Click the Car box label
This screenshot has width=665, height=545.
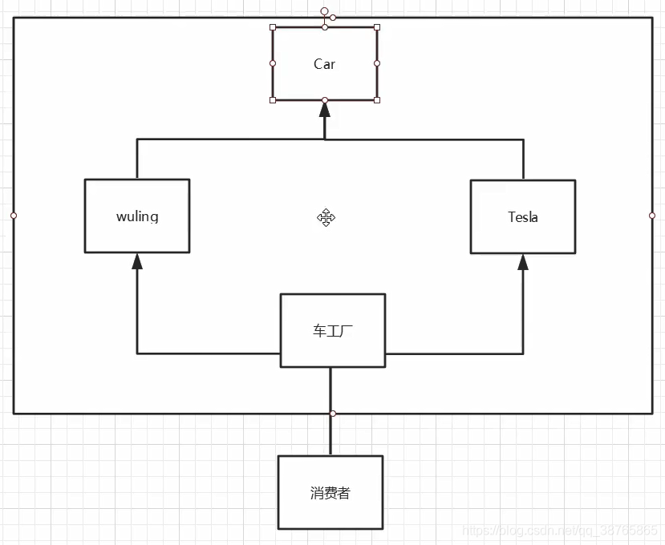click(x=324, y=64)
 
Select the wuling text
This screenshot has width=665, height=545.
click(x=137, y=216)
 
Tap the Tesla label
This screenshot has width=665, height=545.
click(x=522, y=217)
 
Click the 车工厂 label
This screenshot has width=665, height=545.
click(x=332, y=331)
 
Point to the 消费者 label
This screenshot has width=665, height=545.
click(x=330, y=493)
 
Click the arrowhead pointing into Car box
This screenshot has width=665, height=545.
click(x=325, y=109)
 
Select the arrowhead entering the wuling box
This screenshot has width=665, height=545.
click(x=137, y=260)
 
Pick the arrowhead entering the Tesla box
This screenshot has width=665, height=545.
click(x=523, y=261)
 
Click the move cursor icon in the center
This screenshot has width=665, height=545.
click(x=326, y=217)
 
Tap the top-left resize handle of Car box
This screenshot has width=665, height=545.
click(x=273, y=27)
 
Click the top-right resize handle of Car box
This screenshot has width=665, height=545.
click(x=377, y=27)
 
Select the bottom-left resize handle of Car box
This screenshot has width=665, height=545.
click(x=273, y=100)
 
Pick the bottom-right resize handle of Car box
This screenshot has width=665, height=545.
click(x=377, y=100)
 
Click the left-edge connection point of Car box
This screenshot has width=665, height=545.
click(x=273, y=63)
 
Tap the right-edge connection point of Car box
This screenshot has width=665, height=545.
click(x=377, y=63)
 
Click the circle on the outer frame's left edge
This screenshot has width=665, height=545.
click(x=14, y=216)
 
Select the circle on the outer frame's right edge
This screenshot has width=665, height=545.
click(x=652, y=216)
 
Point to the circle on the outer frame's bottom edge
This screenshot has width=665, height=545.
click(x=333, y=414)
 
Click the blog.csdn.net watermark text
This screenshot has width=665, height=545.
click(x=561, y=531)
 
